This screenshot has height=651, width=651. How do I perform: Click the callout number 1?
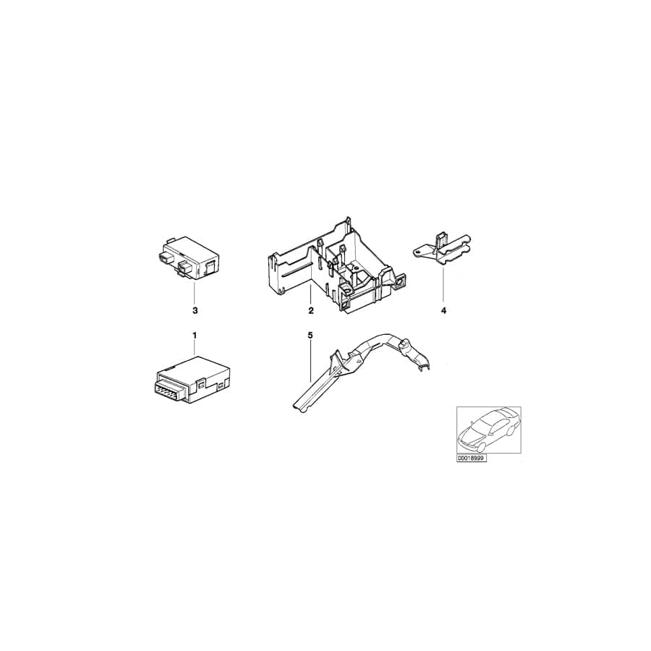click(x=195, y=335)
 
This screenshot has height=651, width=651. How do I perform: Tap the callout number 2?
click(x=310, y=311)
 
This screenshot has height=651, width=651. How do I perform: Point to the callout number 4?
click(x=443, y=311)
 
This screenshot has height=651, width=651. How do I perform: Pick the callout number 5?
click(x=310, y=335)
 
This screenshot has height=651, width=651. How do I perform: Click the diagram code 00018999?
click(x=472, y=459)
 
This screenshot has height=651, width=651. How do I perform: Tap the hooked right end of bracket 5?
click(x=424, y=365)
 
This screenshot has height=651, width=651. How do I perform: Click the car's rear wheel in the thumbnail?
click(x=511, y=431)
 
